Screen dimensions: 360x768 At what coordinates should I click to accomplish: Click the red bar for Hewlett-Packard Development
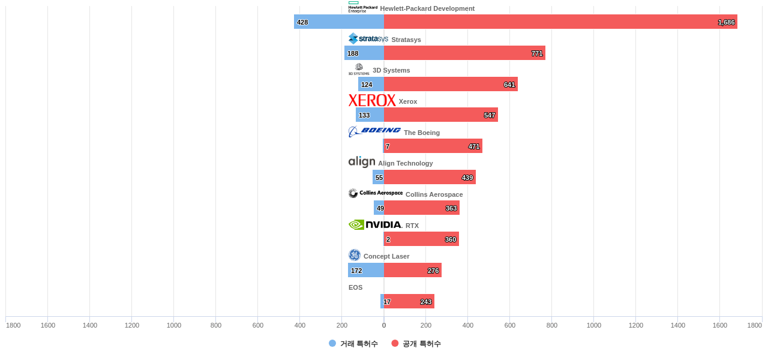(560, 22)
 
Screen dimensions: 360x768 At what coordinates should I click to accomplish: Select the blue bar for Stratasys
(364, 53)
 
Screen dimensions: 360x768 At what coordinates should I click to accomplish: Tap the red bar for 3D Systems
(451, 84)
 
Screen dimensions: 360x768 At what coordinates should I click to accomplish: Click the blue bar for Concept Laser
(366, 270)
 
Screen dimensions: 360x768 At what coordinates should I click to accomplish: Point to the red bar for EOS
(409, 301)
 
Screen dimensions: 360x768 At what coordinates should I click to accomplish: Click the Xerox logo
(372, 100)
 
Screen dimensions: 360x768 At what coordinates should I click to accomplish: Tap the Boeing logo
(374, 131)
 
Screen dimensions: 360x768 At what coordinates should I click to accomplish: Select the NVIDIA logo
(375, 224)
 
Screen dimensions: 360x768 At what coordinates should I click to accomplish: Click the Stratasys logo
(368, 38)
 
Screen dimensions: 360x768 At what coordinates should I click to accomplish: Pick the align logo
(362, 162)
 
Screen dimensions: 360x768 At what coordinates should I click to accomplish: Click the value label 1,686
(726, 22)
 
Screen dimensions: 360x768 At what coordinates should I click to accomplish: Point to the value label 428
(302, 22)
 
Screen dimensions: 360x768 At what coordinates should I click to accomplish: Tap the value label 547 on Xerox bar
(490, 115)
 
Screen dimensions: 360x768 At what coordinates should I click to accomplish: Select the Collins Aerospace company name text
(434, 194)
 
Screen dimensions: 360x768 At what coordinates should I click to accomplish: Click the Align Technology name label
(405, 163)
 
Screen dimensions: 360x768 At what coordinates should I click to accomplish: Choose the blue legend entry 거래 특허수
(353, 344)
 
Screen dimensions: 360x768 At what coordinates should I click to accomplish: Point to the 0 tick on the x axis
(384, 325)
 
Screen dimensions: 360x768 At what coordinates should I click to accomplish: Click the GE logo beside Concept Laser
(355, 255)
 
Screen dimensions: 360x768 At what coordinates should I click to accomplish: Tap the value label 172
(356, 271)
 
